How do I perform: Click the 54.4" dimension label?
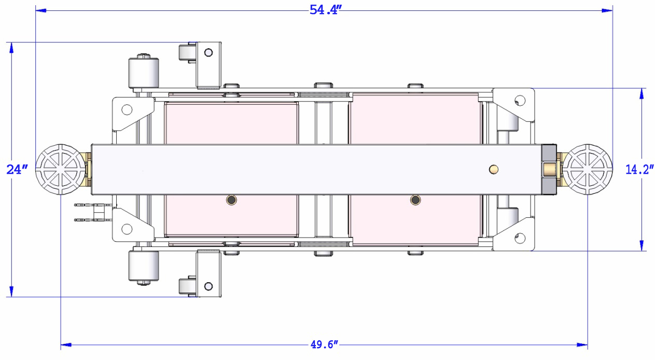326,10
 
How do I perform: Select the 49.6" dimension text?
324,345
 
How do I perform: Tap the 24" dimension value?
17,170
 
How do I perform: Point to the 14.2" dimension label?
639,170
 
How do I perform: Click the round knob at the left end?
61,169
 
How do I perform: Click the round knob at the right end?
588,169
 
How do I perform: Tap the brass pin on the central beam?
494,169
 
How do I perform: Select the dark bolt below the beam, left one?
232,200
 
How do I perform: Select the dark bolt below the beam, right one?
415,200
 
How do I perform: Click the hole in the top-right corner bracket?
520,101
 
